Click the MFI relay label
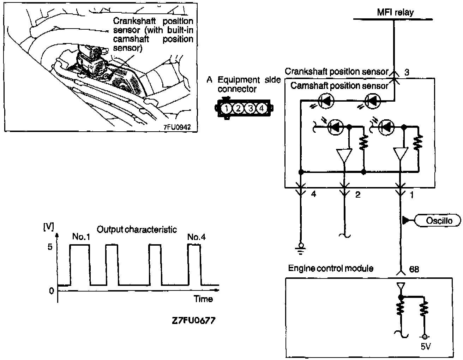pyautogui.click(x=395, y=12)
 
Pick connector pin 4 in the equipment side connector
pyautogui.click(x=261, y=108)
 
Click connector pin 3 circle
pyautogui.click(x=250, y=108)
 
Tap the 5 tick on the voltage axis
pyautogui.click(x=50, y=247)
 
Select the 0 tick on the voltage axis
pyautogui.click(x=51, y=290)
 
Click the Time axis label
pyautogui.click(x=203, y=299)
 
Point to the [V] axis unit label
pyautogui.click(x=48, y=227)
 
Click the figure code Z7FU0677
pyautogui.click(x=193, y=321)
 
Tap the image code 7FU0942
pyautogui.click(x=177, y=127)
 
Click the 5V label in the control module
pyautogui.click(x=426, y=347)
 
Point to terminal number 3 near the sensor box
pyautogui.click(x=407, y=72)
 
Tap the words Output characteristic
pyautogui.click(x=137, y=229)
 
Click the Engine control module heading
pyautogui.click(x=331, y=268)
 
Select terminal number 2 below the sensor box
pyautogui.click(x=357, y=194)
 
